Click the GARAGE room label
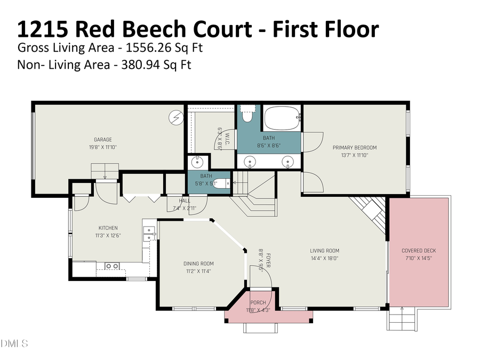(103, 140)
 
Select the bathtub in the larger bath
(282, 118)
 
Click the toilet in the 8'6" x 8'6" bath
(247, 114)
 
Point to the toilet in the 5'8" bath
(221, 183)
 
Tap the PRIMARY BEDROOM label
(355, 148)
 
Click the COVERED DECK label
(418, 250)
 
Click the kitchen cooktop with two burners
(111, 266)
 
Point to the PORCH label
(258, 303)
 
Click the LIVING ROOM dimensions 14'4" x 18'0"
(325, 258)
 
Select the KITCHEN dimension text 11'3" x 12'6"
(108, 235)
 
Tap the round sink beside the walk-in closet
(195, 161)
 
